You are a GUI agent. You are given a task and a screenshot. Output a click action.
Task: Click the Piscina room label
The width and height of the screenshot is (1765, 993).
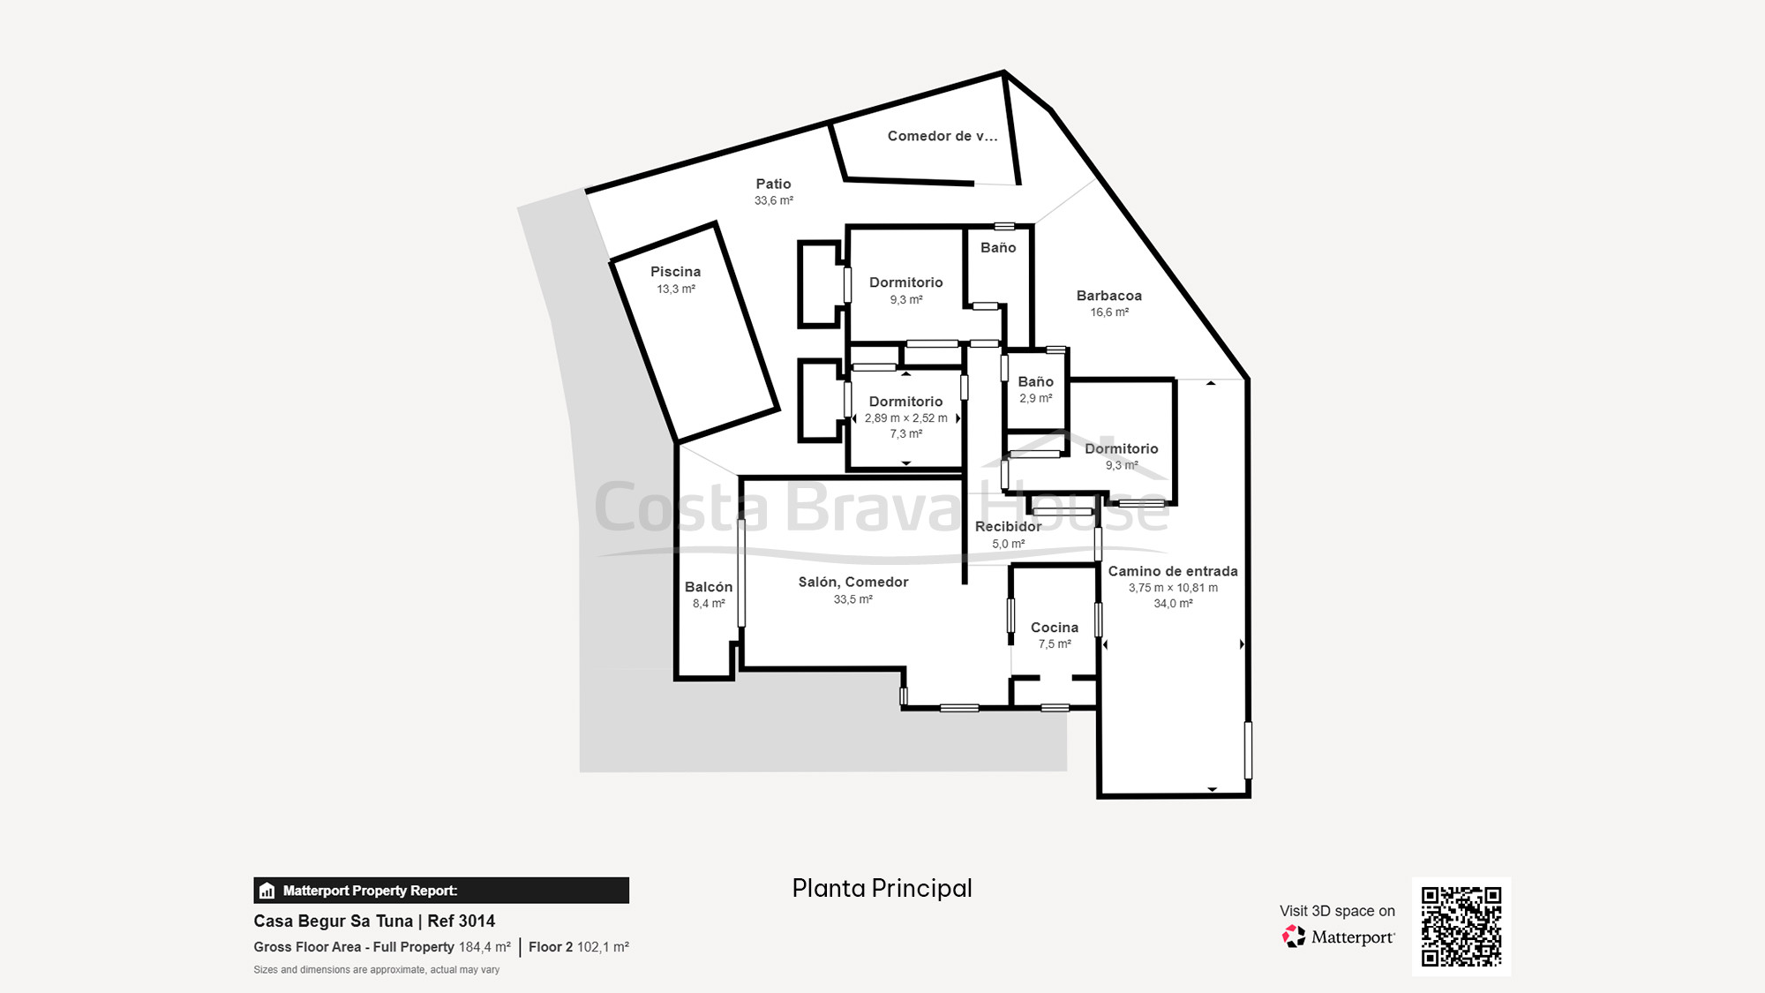[675, 272]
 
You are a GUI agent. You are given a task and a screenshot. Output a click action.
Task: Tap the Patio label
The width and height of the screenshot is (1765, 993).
[773, 184]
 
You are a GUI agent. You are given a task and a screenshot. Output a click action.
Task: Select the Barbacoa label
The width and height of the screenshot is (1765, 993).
[1109, 296]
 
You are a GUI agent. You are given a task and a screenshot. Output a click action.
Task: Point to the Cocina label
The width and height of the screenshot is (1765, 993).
[1055, 628]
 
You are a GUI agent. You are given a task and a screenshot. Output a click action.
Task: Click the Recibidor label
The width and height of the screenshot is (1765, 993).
[1009, 526]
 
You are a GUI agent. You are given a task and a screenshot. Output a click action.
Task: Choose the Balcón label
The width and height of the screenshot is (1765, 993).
[709, 587]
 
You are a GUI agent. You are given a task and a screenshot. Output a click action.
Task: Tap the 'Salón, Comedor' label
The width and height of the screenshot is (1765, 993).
[853, 583]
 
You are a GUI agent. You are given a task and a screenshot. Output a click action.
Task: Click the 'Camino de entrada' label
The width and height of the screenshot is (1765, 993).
[1173, 571]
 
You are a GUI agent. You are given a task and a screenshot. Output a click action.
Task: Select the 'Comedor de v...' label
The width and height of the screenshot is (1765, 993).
[943, 136]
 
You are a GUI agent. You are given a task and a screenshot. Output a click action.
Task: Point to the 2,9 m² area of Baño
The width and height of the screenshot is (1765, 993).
[1036, 399]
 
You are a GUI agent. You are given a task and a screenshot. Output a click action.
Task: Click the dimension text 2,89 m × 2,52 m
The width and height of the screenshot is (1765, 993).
[906, 418]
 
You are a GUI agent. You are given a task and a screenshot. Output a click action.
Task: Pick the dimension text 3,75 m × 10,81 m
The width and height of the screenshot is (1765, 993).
[1173, 588]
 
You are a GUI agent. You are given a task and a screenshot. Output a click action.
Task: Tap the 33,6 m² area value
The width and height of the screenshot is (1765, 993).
[774, 201]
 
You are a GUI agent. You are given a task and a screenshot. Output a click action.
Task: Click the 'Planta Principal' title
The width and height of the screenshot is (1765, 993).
[882, 888]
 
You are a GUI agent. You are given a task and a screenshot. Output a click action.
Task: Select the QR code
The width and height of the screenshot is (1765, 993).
[1461, 927]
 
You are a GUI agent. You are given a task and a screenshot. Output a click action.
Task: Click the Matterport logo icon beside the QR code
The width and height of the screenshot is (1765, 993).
[1294, 937]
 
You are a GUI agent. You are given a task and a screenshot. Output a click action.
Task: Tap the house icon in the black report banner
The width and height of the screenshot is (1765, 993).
[267, 891]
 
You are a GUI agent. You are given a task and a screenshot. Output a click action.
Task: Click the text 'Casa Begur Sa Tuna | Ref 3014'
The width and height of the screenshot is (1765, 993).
[374, 921]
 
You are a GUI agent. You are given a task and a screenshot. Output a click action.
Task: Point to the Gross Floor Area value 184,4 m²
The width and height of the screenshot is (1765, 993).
[484, 947]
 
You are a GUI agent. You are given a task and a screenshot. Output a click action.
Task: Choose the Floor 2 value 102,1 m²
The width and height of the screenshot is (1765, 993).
[603, 947]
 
